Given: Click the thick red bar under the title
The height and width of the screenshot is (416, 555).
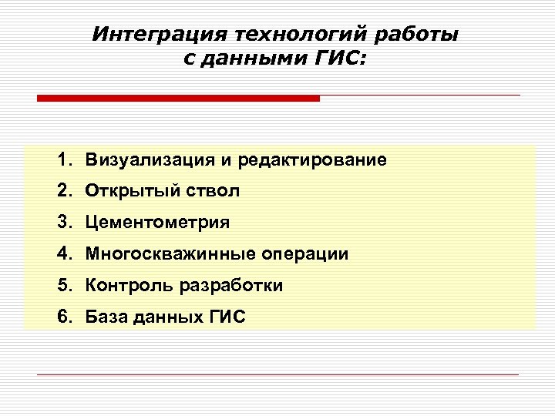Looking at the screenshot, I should point(178,99).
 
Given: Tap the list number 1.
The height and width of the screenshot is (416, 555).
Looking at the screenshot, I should point(63,160).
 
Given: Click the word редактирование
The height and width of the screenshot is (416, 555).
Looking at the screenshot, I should point(312,160).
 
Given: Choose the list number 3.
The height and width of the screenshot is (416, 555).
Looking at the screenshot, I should point(63,223).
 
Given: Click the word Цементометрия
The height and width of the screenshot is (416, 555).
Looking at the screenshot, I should point(157,223).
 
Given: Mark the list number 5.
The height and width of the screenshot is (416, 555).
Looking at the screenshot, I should point(63,285).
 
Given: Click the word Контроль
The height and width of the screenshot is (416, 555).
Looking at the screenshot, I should point(129,285).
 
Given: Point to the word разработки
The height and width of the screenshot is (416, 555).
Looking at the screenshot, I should point(231,285).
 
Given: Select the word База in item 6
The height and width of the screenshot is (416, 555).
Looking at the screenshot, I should point(107,316).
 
